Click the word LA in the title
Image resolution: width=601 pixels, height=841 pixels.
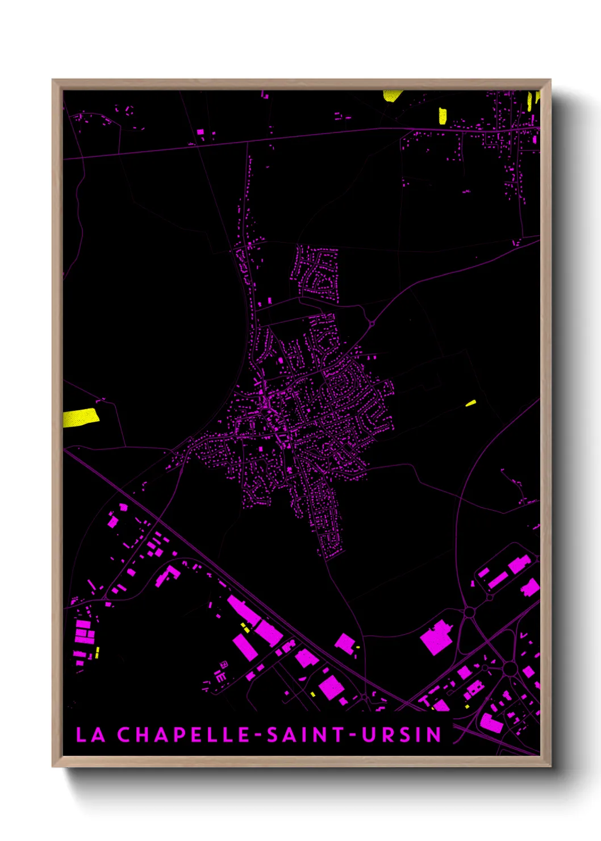coord(90,734)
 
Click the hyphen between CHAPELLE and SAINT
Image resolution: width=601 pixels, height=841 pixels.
coord(258,735)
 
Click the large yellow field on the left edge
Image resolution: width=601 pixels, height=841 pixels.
coord(80,418)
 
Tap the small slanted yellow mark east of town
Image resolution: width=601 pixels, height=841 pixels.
coord(470,403)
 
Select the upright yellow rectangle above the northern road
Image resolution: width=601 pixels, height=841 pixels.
coord(443,115)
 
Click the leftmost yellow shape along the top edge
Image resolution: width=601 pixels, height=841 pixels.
coord(392,95)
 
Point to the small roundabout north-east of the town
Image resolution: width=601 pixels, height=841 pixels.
coord(372,324)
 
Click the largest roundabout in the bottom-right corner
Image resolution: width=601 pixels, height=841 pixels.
coord(510,669)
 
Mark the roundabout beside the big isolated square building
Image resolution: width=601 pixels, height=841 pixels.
coord(469,612)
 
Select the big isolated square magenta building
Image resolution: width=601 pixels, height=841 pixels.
coord(436,637)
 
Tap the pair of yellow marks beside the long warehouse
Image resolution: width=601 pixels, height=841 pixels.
coord(245,627)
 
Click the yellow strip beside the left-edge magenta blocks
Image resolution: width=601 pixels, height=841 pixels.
coord(97,652)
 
